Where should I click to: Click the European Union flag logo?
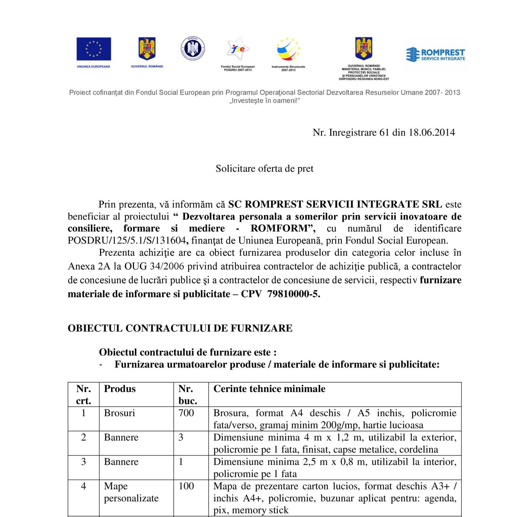[93, 49]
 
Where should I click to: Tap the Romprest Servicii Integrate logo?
[436, 54]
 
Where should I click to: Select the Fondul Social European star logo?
[238, 49]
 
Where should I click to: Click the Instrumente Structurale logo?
[288, 50]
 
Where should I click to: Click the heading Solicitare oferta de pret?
[264, 169]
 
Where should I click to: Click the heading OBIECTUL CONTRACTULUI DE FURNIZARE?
[180, 328]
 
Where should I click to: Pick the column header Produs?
[120, 389]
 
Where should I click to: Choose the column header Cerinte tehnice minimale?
[269, 389]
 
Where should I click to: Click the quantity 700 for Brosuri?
[186, 413]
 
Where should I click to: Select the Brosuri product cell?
[119, 413]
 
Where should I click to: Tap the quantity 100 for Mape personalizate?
[186, 486]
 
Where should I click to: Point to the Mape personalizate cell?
[131, 492]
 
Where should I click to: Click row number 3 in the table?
[83, 462]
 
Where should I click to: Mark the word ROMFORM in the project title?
[278, 229]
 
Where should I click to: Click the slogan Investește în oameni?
[264, 101]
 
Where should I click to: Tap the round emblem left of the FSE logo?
[193, 49]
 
